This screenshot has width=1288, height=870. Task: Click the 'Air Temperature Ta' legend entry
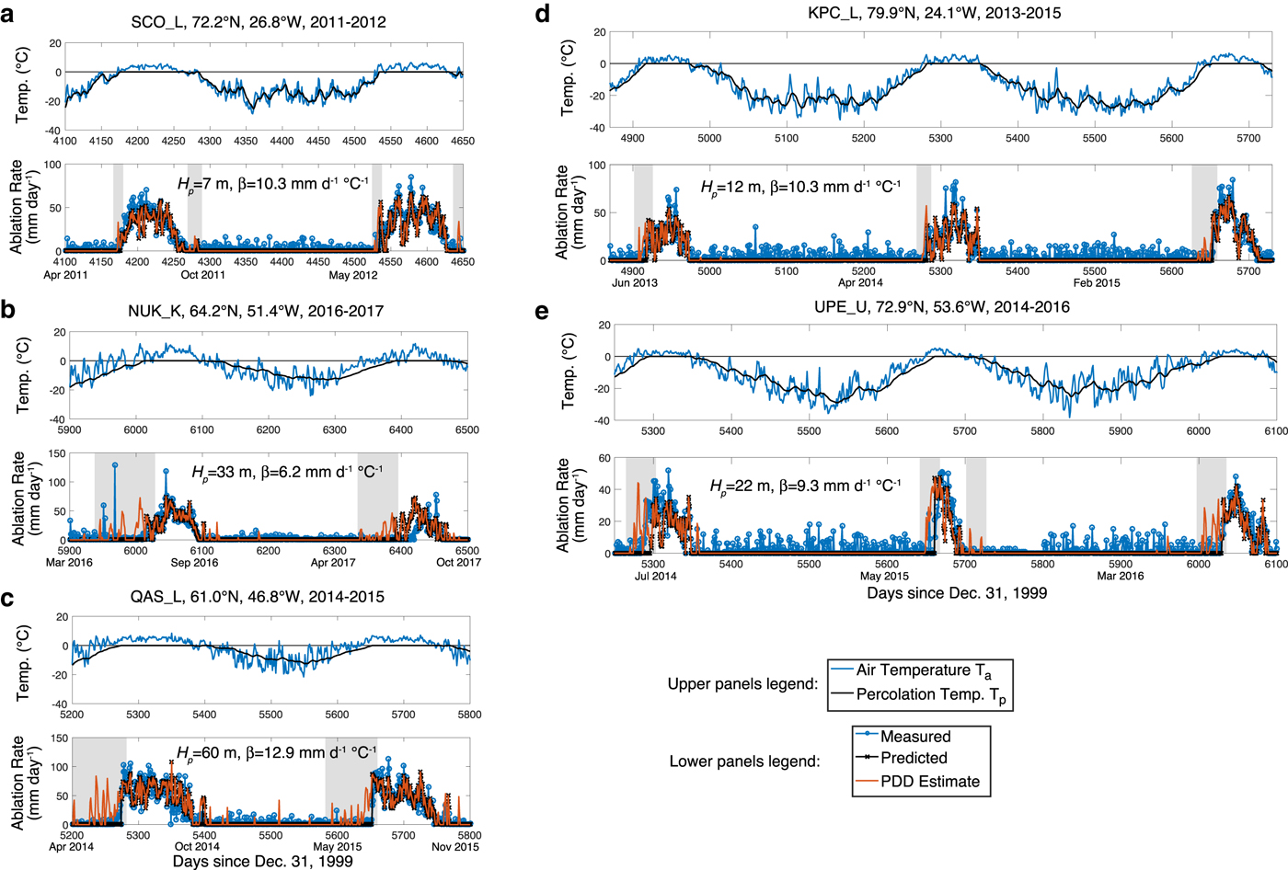pyautogui.click(x=924, y=671)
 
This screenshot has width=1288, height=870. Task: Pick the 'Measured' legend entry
pyautogui.click(x=915, y=737)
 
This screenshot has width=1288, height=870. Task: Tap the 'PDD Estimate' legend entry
pyautogui.click(x=930, y=782)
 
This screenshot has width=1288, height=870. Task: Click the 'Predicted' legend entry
pyautogui.click(x=914, y=759)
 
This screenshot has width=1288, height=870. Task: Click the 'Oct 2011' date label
pyautogui.click(x=202, y=274)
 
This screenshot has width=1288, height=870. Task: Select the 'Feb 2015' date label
pyautogui.click(x=1096, y=282)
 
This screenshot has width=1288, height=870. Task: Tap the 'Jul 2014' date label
pyautogui.click(x=655, y=576)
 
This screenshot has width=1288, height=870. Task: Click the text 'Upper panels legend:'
pyautogui.click(x=742, y=684)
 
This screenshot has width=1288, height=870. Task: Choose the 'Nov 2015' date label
pyautogui.click(x=454, y=846)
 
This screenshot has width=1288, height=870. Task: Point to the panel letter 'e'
pyautogui.click(x=542, y=311)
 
